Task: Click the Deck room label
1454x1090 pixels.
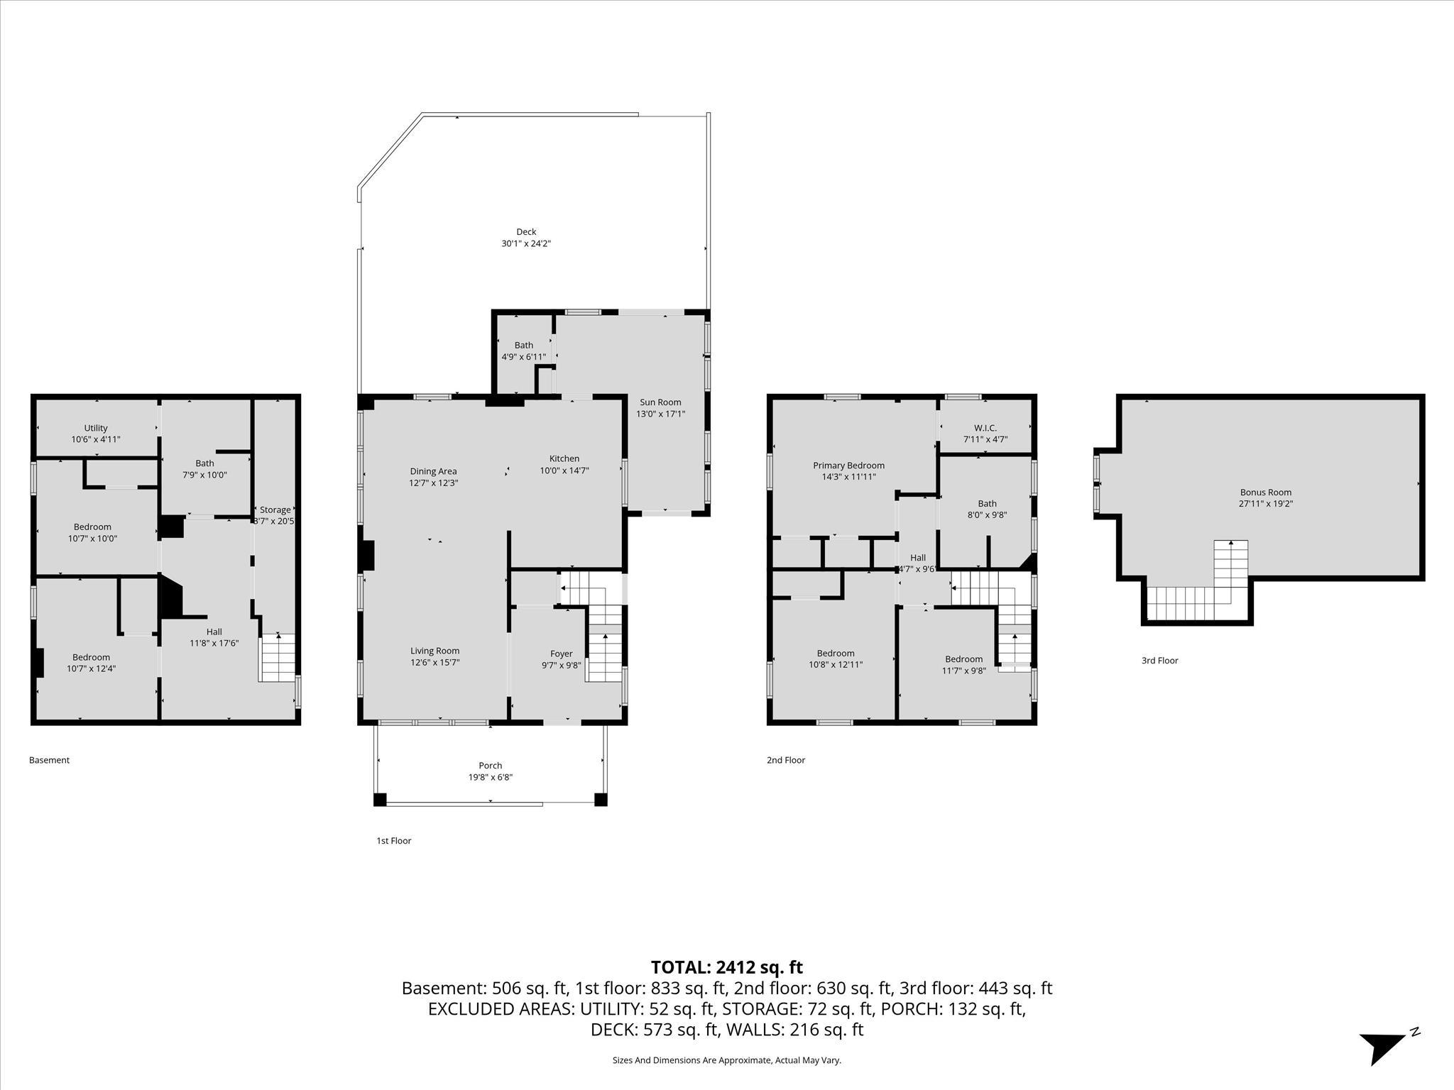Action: pyautogui.click(x=526, y=232)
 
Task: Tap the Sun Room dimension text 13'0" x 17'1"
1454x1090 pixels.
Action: pyautogui.click(x=660, y=414)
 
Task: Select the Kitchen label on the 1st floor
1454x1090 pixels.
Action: pyautogui.click(x=564, y=458)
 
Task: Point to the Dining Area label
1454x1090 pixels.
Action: pyautogui.click(x=433, y=471)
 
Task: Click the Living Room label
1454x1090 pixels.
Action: pyautogui.click(x=434, y=651)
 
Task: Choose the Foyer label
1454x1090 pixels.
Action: pyautogui.click(x=561, y=654)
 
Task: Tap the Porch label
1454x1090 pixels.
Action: pyautogui.click(x=490, y=766)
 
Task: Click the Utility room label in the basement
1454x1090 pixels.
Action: pyautogui.click(x=96, y=428)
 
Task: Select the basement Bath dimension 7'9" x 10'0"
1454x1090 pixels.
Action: pyautogui.click(x=204, y=475)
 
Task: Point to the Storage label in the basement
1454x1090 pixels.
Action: pyautogui.click(x=275, y=510)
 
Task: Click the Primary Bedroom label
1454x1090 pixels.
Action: pyautogui.click(x=848, y=466)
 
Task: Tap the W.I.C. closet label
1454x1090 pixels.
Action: pyautogui.click(x=985, y=428)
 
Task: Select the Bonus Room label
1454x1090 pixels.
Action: pyautogui.click(x=1265, y=492)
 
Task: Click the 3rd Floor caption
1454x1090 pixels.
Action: pyautogui.click(x=1159, y=661)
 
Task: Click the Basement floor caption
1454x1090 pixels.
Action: pyautogui.click(x=49, y=760)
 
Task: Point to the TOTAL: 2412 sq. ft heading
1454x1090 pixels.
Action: pyautogui.click(x=726, y=967)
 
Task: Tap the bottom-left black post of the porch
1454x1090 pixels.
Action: pyautogui.click(x=380, y=800)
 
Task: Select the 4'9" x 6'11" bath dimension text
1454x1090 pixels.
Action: pyautogui.click(x=524, y=357)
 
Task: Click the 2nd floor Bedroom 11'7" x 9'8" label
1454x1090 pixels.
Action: pyautogui.click(x=963, y=659)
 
